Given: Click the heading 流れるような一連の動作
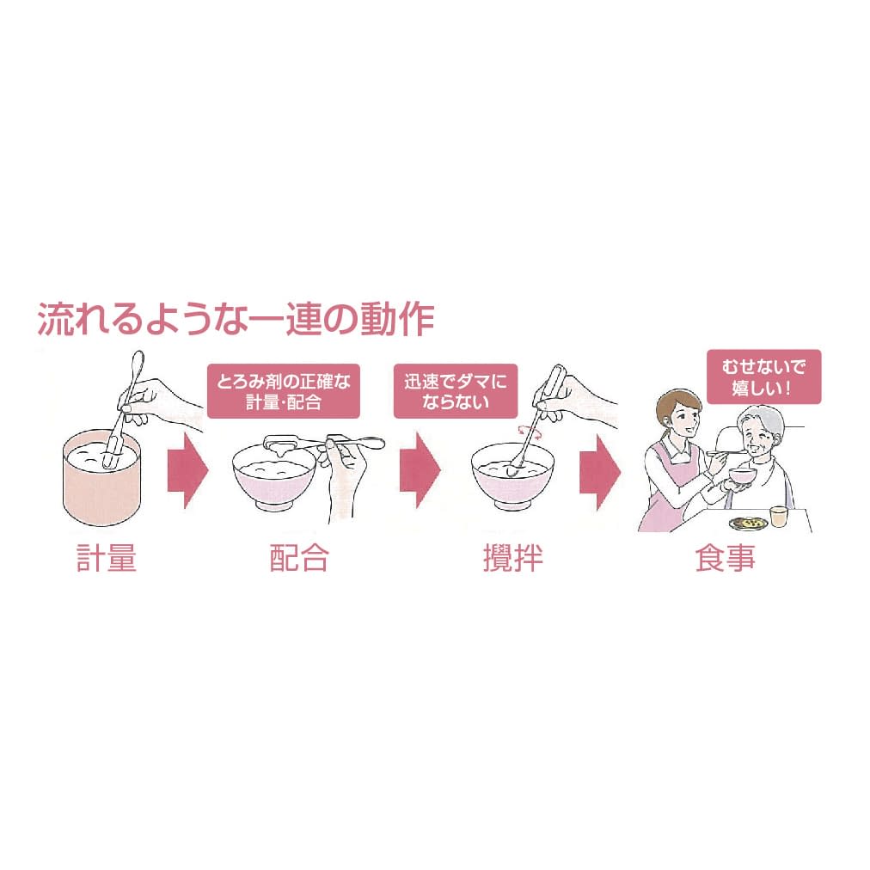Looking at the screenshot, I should click(236, 320).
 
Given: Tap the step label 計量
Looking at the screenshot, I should click(106, 558).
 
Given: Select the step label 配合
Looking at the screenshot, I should click(298, 558).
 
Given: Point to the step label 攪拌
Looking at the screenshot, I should click(512, 558).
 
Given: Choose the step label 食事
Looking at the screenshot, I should click(725, 558).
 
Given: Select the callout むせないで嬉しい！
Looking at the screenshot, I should click(763, 376).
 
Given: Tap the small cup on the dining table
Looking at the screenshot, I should click(778, 517).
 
